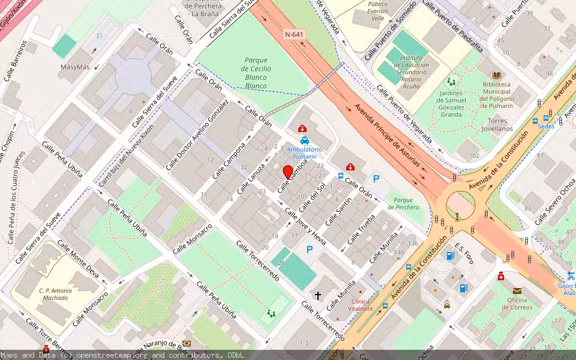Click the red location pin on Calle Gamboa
point(288,172)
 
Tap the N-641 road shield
point(294,35)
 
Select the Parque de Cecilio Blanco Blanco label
point(256,73)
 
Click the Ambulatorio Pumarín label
point(304,152)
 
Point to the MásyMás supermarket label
point(75,67)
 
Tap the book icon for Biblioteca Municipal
point(496,75)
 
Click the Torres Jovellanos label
point(497,124)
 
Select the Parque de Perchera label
point(403,203)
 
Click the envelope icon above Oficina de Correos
point(517,290)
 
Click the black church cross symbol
point(317,295)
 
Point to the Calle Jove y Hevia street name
point(305,226)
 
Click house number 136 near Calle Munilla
point(413,243)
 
